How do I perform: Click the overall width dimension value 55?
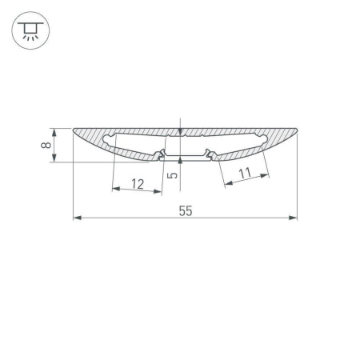pos(185,211)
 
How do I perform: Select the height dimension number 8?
pos(47,145)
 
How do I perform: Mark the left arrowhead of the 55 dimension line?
pos(76,218)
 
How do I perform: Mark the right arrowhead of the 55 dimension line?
pos(294,218)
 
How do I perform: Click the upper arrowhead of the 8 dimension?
pos(55,130)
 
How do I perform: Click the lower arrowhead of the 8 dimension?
pos(55,159)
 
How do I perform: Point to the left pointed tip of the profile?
pos(74,130)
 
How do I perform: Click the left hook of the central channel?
pos(162,151)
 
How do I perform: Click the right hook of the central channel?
pos(209,151)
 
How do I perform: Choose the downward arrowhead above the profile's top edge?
pos(181,132)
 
